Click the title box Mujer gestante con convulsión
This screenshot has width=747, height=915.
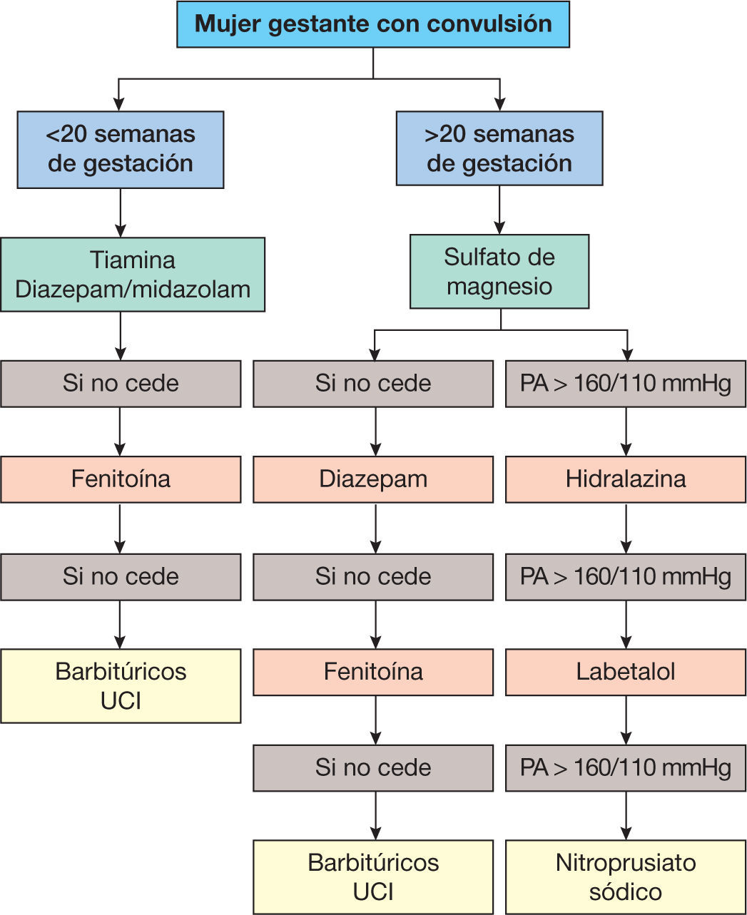click(x=373, y=24)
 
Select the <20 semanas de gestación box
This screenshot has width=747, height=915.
click(x=121, y=150)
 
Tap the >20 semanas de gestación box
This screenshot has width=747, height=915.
click(x=499, y=148)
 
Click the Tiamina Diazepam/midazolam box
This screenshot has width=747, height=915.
click(x=133, y=274)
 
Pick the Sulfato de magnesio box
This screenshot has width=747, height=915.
click(x=499, y=272)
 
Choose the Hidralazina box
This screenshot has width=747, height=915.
click(x=626, y=479)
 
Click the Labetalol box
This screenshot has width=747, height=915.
click(x=626, y=672)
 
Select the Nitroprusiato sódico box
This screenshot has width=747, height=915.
click(x=626, y=877)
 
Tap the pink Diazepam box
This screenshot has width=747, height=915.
click(x=373, y=479)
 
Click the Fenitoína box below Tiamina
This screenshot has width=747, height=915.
click(x=121, y=479)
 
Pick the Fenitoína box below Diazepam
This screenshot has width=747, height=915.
click(x=373, y=672)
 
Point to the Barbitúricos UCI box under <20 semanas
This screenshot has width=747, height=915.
click(x=121, y=686)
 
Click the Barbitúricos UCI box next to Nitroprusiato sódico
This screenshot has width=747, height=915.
click(x=373, y=877)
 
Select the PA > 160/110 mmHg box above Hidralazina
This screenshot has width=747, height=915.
click(x=626, y=384)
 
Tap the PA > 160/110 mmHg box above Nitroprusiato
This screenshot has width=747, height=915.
click(x=626, y=768)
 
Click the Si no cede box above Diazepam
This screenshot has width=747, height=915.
click(x=373, y=384)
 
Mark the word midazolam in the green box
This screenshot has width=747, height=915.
click(x=191, y=290)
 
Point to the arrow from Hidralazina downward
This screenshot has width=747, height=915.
click(x=626, y=528)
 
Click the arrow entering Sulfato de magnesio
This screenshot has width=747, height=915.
click(x=499, y=210)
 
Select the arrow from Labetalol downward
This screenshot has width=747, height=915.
click(x=626, y=720)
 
